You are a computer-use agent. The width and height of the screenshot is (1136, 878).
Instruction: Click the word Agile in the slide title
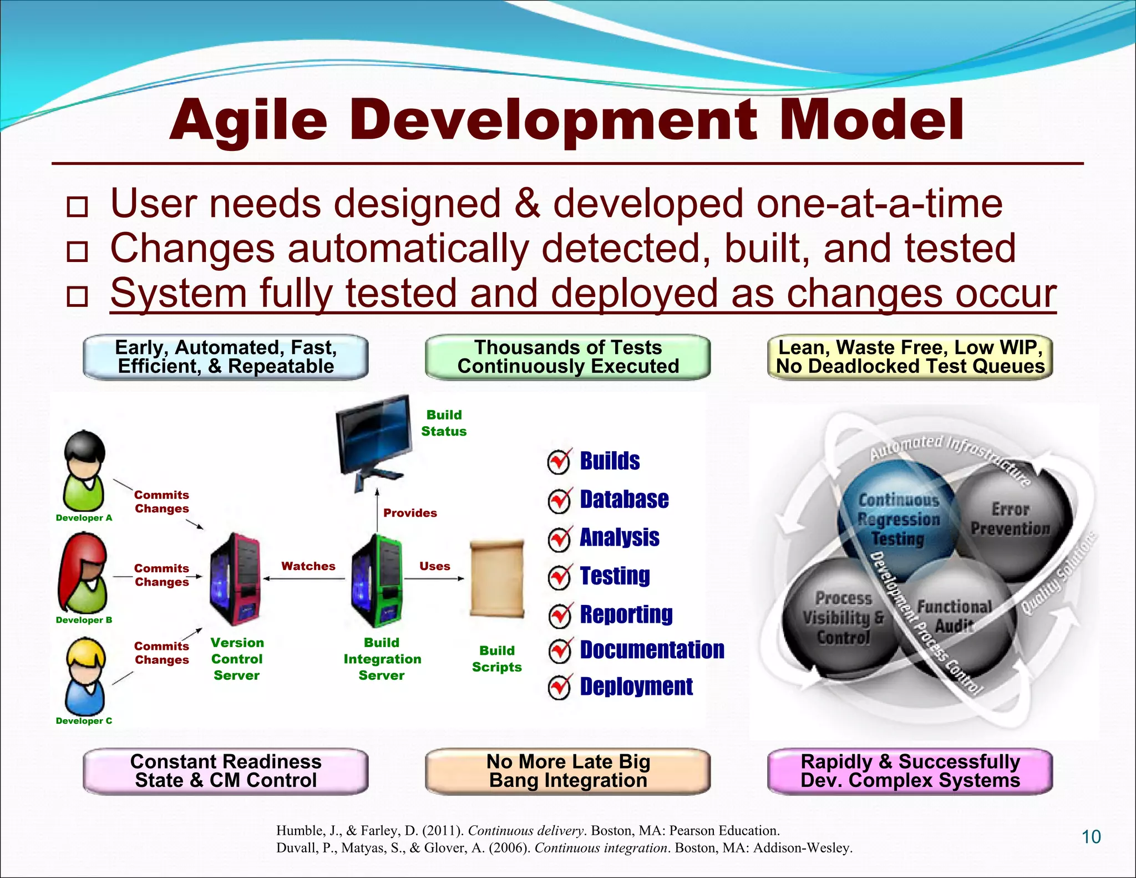pos(248,121)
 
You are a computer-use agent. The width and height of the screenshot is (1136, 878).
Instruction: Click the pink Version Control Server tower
pos(235,579)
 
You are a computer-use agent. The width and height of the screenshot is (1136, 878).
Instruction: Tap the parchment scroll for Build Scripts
pos(496,578)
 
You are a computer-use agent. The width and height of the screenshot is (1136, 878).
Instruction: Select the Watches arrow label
pos(308,566)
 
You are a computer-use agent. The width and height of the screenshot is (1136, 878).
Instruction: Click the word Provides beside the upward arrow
pos(410,513)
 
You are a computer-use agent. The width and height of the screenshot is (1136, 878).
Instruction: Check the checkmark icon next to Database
pos(559,501)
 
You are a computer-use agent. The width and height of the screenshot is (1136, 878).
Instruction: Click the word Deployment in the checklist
pos(636,687)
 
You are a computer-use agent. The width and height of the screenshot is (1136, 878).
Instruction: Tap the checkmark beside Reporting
pos(560,615)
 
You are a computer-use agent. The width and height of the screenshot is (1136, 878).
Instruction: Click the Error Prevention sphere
pos(1011,519)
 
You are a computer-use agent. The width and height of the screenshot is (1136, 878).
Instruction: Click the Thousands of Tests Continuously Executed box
pos(568,357)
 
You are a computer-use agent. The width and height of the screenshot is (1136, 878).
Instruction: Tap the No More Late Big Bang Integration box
pos(568,771)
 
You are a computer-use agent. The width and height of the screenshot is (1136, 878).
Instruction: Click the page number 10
pos(1091,837)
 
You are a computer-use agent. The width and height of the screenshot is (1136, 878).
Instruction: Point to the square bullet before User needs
pos(77,206)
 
